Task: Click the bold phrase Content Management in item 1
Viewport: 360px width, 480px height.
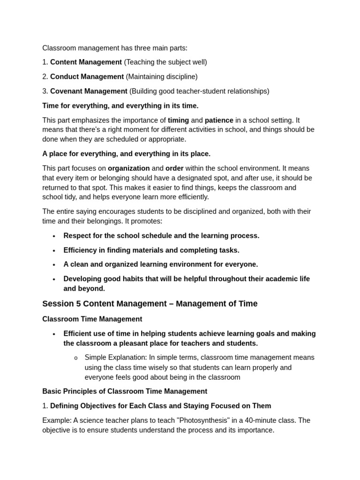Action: pos(86,62)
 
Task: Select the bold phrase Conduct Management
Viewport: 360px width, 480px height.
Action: pos(87,76)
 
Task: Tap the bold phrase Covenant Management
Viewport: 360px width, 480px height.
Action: pos(89,91)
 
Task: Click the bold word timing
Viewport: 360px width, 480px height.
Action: pos(178,120)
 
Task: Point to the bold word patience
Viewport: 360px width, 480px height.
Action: pos(219,120)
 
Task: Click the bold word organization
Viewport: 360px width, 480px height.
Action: pos(129,168)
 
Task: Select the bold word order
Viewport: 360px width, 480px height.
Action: pos(174,168)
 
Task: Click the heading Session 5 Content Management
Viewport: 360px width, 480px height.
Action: pos(150,304)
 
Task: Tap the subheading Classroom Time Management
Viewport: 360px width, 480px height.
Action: pos(92,319)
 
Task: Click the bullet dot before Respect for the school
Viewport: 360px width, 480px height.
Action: pos(54,236)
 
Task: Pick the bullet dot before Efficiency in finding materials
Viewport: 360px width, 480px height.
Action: pos(54,251)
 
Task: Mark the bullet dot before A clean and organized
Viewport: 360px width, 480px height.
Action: pos(54,265)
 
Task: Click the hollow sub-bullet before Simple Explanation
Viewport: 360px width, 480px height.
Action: pos(75,358)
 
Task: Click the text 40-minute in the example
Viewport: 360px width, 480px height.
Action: pos(269,420)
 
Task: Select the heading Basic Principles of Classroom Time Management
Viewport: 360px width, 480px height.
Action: pos(124,391)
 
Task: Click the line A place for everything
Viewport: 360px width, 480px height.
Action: pos(126,154)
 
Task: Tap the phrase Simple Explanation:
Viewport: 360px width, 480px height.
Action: pos(115,358)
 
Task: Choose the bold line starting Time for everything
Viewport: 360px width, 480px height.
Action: pos(120,105)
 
